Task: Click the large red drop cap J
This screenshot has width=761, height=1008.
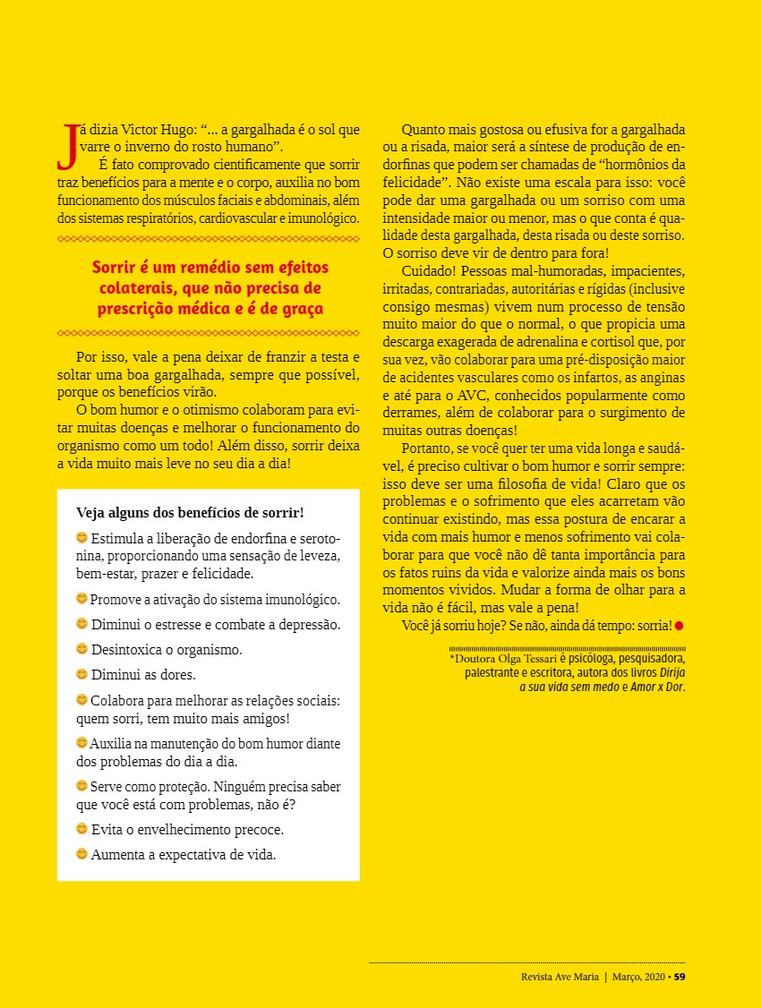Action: click(66, 147)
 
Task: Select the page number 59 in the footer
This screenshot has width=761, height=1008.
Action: click(680, 976)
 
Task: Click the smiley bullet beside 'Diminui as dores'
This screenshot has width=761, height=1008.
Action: click(82, 673)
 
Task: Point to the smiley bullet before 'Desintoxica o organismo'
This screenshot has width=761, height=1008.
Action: click(82, 648)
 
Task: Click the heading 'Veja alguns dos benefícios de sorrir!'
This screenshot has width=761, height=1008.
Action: click(190, 513)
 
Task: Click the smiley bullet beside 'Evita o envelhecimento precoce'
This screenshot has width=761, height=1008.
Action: click(82, 829)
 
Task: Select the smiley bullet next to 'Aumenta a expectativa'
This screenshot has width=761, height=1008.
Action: click(82, 854)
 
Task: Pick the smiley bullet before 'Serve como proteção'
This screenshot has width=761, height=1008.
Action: click(82, 786)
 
